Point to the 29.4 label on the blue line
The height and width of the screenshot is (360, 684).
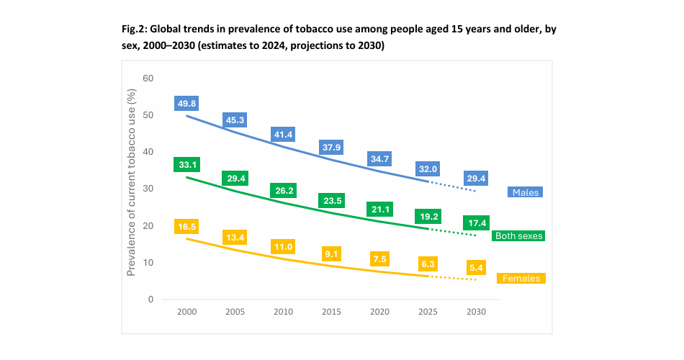coord(475,177)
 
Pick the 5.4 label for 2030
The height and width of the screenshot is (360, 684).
coord(475,268)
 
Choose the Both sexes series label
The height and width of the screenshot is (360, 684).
coord(518,235)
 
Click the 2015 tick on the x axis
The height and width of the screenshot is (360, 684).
coord(331,312)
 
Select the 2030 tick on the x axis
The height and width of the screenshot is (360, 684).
coord(475,312)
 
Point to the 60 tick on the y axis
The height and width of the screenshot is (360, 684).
coord(148,78)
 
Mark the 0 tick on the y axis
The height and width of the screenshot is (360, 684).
coord(151,300)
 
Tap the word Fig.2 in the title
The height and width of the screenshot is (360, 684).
coord(134,31)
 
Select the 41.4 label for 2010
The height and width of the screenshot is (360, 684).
coord(283,135)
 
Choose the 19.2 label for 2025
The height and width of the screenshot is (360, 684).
coord(427,215)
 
